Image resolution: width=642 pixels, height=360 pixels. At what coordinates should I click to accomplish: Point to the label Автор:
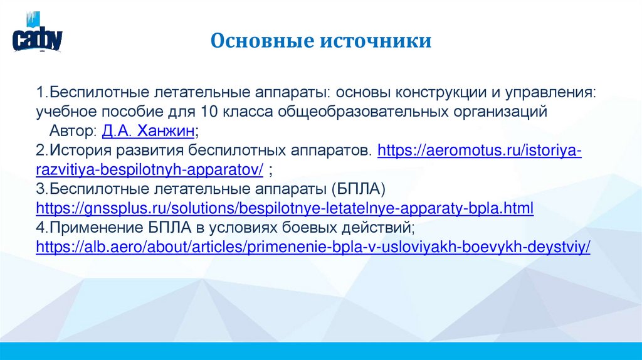pos(73,131)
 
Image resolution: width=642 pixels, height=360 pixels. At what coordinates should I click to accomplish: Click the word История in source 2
pos(79,151)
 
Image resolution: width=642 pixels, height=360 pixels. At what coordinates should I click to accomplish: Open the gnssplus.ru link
pos(285,209)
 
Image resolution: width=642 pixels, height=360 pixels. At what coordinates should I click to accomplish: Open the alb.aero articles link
pos(313,247)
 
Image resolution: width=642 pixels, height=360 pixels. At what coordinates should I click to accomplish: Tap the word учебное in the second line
pos(64,112)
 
